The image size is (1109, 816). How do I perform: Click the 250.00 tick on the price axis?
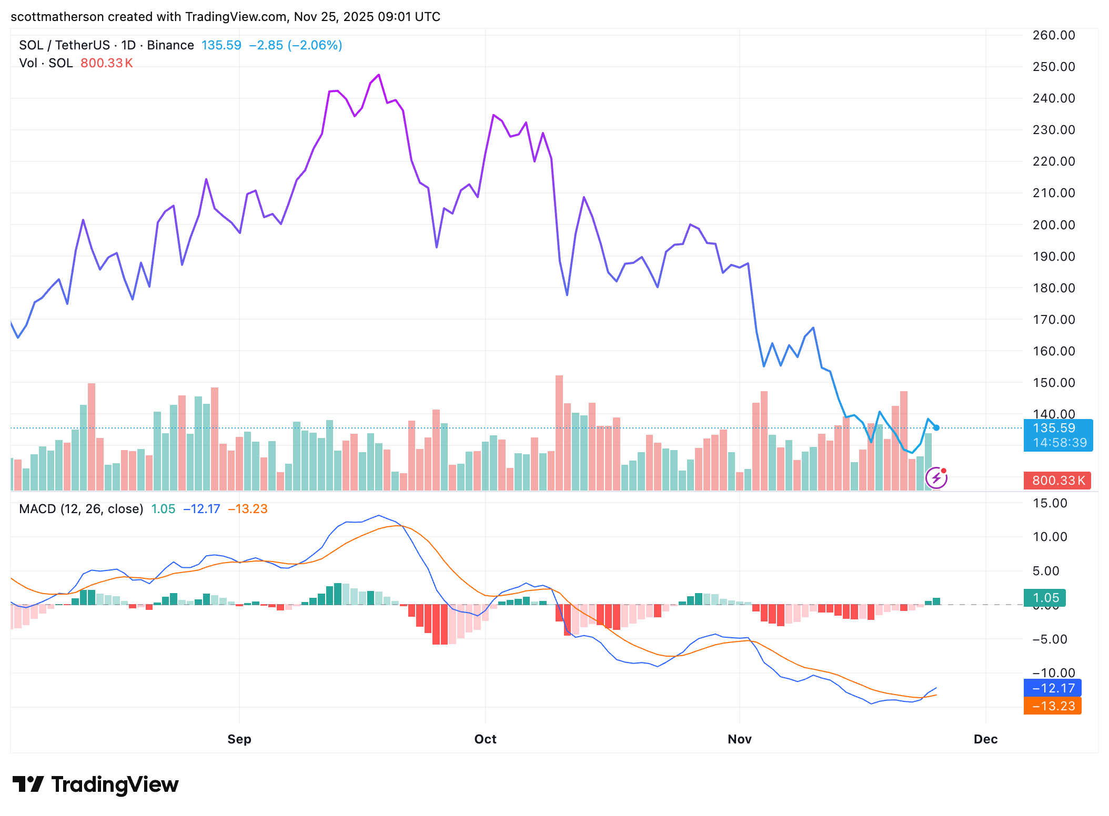pos(1053,67)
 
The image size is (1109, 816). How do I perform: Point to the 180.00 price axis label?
pos(1053,288)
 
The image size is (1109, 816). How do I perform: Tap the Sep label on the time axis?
pos(239,739)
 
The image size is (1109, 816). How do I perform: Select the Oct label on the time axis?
pos(485,739)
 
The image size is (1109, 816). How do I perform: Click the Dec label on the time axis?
pos(985,739)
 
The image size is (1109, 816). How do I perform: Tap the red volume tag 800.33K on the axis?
pos(1057,481)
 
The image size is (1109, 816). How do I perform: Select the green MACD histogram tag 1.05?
pos(1045,598)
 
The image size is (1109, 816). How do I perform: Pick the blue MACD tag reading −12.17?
pos(1053,688)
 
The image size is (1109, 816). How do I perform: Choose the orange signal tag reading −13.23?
pos(1053,706)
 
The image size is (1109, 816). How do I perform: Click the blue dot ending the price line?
pos(936,428)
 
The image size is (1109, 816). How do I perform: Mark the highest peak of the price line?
pos(379,75)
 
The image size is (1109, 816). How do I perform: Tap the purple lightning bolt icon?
pos(936,478)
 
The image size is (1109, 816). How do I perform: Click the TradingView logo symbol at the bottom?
pos(28,784)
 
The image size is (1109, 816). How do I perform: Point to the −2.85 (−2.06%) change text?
pos(296,45)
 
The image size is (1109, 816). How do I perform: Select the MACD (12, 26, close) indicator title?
pos(81,509)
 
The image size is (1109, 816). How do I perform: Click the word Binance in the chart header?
pos(170,45)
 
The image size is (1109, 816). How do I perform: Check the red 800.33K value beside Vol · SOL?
pos(106,63)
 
